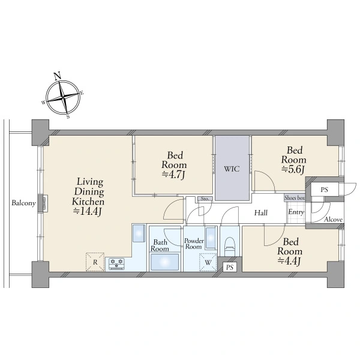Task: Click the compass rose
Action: pyautogui.click(x=62, y=96)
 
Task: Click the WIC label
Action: pyautogui.click(x=232, y=169)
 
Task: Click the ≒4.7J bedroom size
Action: pyautogui.click(x=174, y=175)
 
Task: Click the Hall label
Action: pyautogui.click(x=260, y=213)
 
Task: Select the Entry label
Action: pyautogui.click(x=296, y=213)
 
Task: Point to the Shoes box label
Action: pyautogui.click(x=295, y=198)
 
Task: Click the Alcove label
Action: pyautogui.click(x=333, y=220)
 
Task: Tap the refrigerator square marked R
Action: pyautogui.click(x=95, y=262)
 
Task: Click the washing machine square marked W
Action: pyautogui.click(x=208, y=262)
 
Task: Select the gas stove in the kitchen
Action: pyautogui.click(x=116, y=262)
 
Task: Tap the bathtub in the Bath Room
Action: pyautogui.click(x=164, y=262)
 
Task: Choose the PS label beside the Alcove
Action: pyautogui.click(x=324, y=190)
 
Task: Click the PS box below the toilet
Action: pyautogui.click(x=229, y=267)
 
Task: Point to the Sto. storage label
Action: pyautogui.click(x=205, y=199)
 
